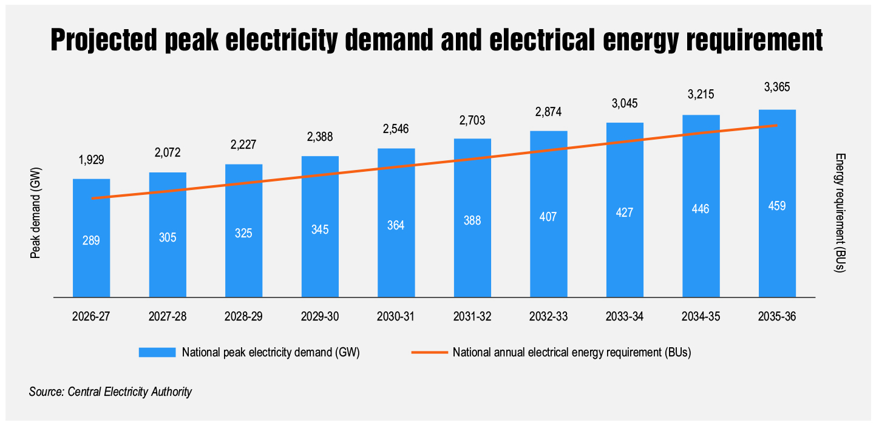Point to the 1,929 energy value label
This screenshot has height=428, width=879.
[x=91, y=160]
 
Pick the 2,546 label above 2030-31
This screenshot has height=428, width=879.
[x=396, y=129]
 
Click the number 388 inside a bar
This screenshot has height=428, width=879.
[x=472, y=221]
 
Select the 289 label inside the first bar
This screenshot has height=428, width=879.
[x=91, y=240]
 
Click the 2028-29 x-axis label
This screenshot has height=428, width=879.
[x=243, y=316]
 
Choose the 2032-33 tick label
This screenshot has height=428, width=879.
[x=548, y=316]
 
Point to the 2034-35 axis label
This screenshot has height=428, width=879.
[x=701, y=316]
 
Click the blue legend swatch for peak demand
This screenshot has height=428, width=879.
[x=157, y=353]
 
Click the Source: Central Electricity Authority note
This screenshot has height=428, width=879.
[x=110, y=392]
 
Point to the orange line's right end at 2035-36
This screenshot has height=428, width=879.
[x=776, y=126]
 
